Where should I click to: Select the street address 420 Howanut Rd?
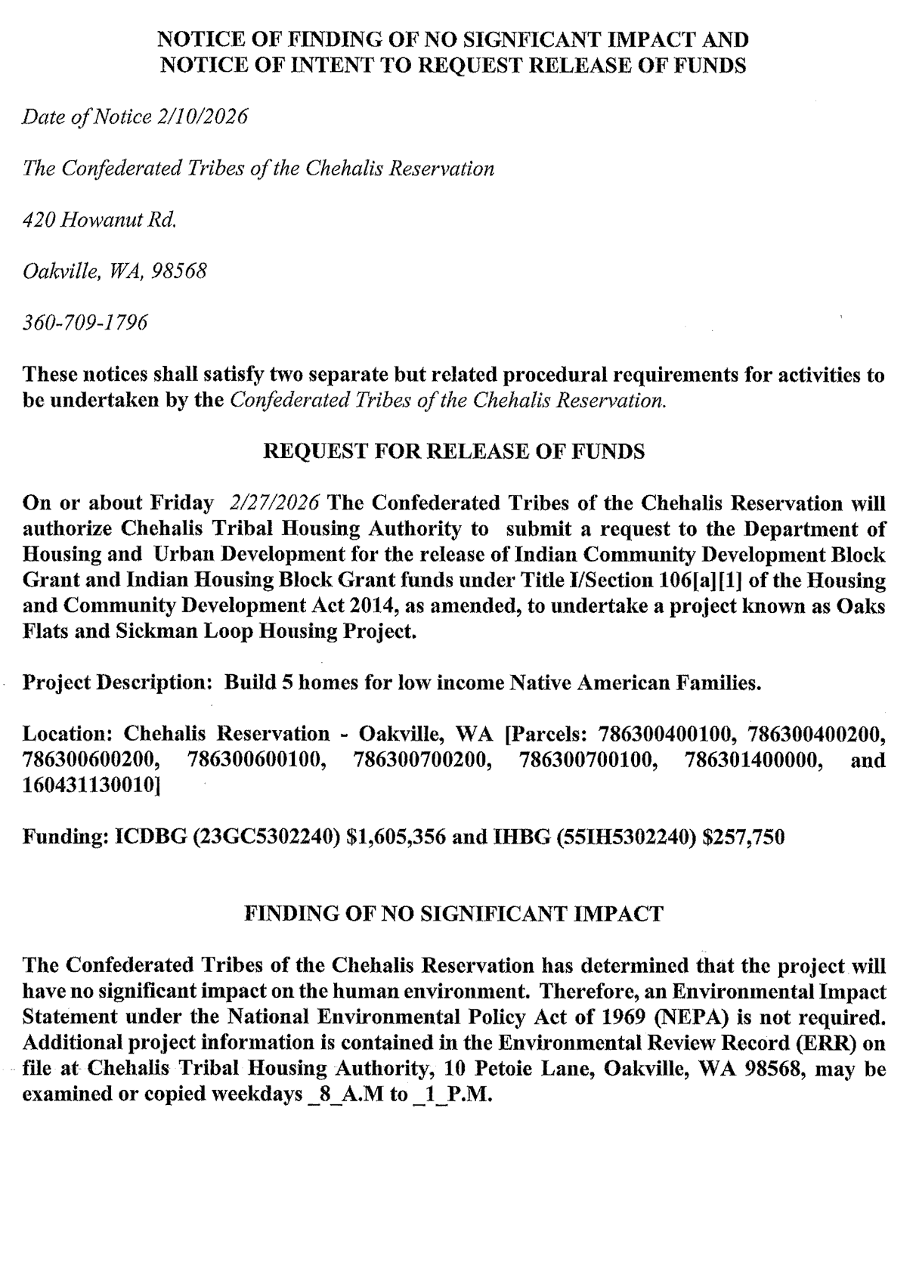click(x=100, y=220)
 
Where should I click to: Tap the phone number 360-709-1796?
click(x=85, y=323)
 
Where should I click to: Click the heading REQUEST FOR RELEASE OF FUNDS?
click(x=453, y=451)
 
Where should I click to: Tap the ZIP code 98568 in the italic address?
click(x=179, y=271)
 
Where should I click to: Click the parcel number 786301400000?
click(x=753, y=760)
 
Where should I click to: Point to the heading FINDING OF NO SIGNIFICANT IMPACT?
click(x=453, y=914)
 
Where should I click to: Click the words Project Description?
click(x=117, y=683)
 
